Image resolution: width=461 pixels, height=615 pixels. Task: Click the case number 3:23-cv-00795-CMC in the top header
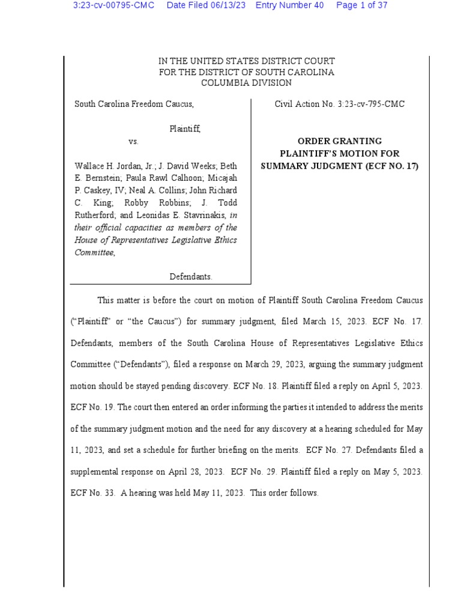coord(113,5)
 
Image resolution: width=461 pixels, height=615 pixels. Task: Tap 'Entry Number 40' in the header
coord(289,5)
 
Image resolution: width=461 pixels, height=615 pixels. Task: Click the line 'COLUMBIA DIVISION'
coord(246,83)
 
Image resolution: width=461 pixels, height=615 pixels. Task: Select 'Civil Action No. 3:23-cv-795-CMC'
coord(340,105)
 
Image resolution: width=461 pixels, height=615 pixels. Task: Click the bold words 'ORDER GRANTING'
coord(340,141)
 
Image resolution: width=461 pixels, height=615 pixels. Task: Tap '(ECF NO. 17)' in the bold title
coord(391,166)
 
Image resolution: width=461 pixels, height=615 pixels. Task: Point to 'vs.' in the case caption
coord(133,142)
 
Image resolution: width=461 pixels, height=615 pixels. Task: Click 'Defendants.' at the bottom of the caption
coord(191,277)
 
